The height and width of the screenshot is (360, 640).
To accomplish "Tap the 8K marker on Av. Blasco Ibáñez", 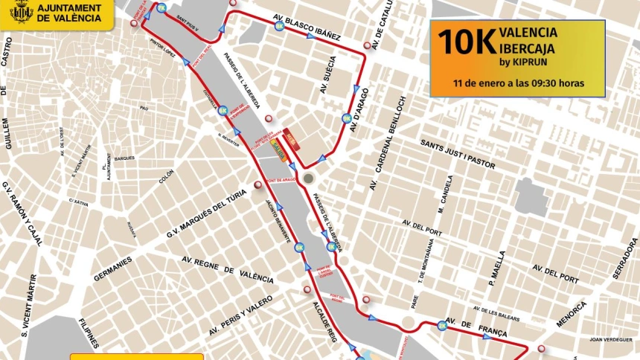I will coord(279,26).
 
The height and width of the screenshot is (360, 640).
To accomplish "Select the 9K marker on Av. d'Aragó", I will coord(347,118).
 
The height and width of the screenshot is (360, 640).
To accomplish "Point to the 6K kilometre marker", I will coord(223,111).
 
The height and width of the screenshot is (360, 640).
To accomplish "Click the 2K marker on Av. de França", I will coord(443,325).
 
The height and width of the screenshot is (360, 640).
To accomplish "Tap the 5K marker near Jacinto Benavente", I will coord(299,248).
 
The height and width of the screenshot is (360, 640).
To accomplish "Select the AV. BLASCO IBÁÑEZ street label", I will coord(307,26).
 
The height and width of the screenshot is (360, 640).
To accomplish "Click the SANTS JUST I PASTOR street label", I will coord(457,153).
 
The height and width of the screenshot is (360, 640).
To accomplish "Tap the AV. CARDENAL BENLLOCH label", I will coord(388,141).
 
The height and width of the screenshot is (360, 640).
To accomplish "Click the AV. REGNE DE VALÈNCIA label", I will coord(228,269).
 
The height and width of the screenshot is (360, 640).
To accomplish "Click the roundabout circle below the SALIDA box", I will coord(309,179).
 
